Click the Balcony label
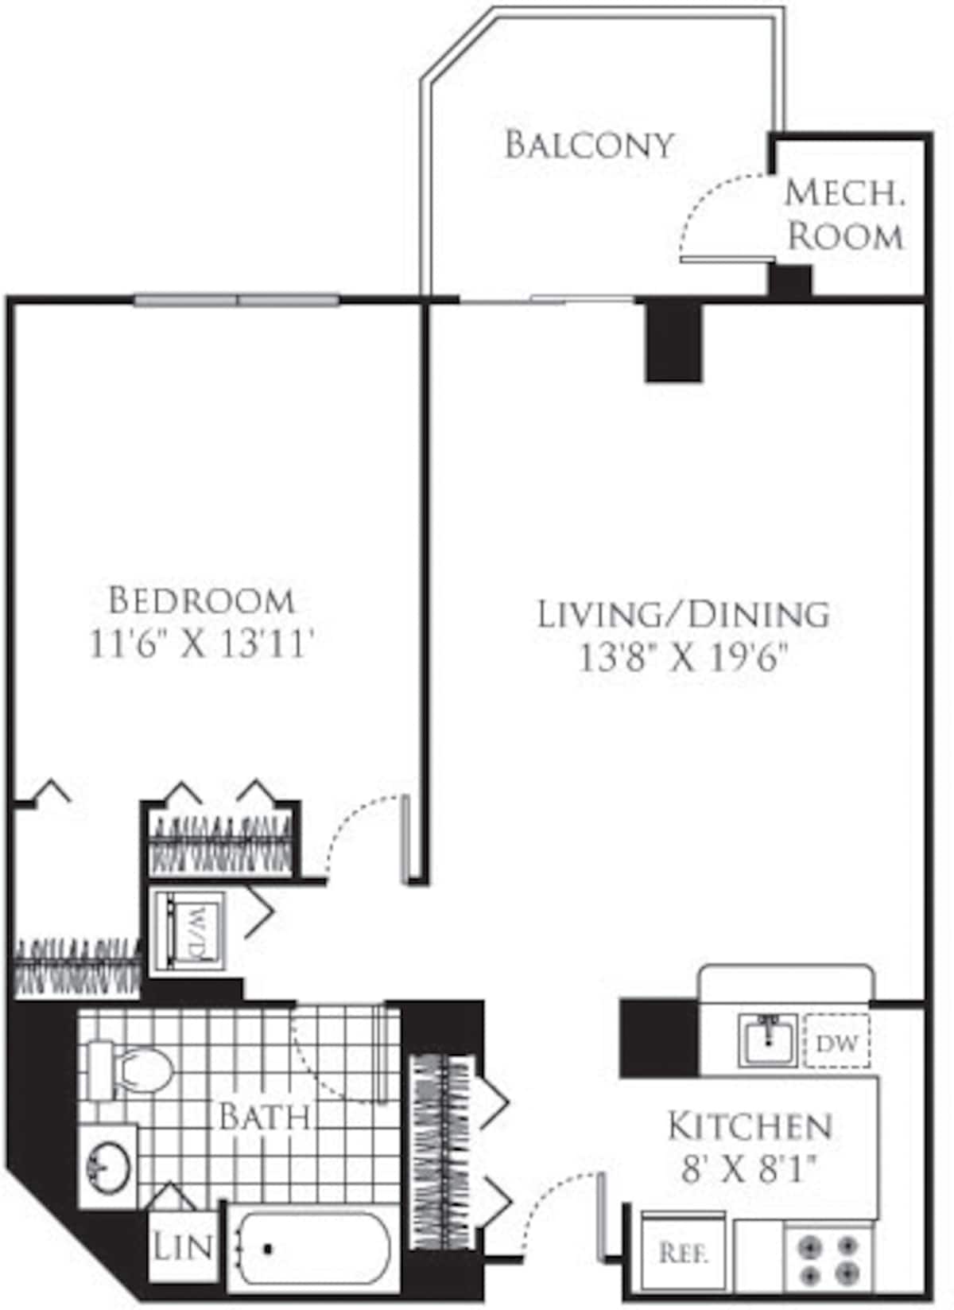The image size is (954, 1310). click(x=589, y=145)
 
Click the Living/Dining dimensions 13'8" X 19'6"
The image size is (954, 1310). click(x=684, y=659)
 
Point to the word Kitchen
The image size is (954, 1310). click(x=750, y=1126)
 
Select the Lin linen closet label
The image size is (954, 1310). click(x=183, y=1246)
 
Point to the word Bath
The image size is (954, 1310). click(x=265, y=1117)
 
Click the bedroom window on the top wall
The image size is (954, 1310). click(x=237, y=301)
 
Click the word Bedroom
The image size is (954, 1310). click(x=201, y=600)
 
